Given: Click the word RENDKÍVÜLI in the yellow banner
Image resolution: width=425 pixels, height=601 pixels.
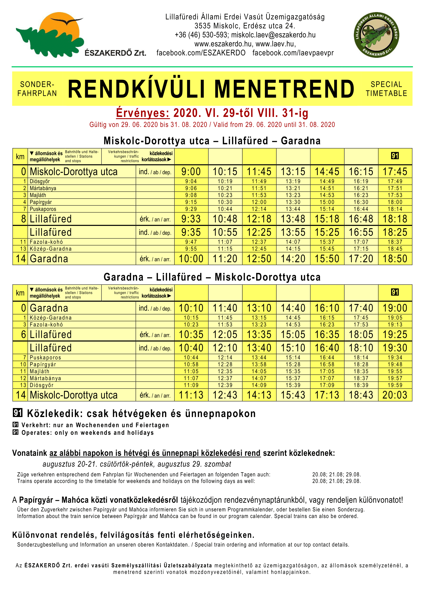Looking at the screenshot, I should pos(136,89).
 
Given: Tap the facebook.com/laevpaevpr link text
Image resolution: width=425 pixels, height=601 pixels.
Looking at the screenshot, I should pos(293,53).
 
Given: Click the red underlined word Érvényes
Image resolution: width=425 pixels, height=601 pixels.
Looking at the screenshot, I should pos(143,113).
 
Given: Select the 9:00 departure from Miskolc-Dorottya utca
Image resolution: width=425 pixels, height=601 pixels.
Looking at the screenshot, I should pos(191,172).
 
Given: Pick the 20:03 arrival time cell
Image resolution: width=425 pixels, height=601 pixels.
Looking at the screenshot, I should pos(395,395).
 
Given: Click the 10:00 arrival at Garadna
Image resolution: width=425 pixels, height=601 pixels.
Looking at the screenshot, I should pos(191,259).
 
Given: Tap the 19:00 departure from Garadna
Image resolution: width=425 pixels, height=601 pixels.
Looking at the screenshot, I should pos(395,308).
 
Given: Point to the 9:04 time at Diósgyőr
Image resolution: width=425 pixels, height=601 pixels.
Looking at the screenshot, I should pos(191,181).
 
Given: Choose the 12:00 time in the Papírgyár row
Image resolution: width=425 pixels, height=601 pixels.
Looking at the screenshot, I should pos(259,202).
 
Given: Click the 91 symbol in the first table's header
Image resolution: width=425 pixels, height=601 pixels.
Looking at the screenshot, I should pos(395,156).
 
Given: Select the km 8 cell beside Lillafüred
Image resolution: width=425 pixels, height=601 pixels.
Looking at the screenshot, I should pos(23,219).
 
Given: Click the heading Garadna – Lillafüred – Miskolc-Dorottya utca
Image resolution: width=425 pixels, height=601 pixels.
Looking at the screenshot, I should pos(212,277).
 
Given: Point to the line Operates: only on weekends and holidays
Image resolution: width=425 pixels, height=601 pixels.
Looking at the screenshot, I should pos(87,433).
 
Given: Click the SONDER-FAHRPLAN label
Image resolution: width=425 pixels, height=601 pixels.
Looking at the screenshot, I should pos(37,89).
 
